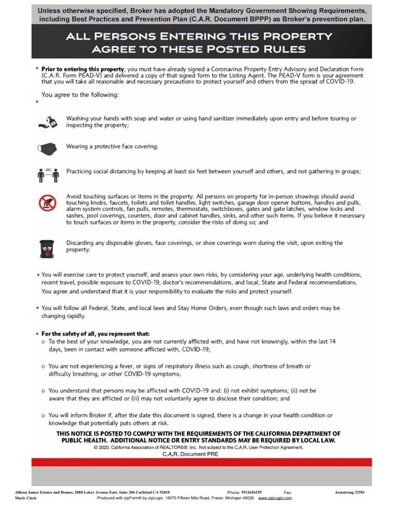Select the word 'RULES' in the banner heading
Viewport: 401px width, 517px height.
click(284, 49)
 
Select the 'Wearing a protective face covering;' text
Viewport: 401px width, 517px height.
click(112, 146)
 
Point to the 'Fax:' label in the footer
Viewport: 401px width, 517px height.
click(288, 492)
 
